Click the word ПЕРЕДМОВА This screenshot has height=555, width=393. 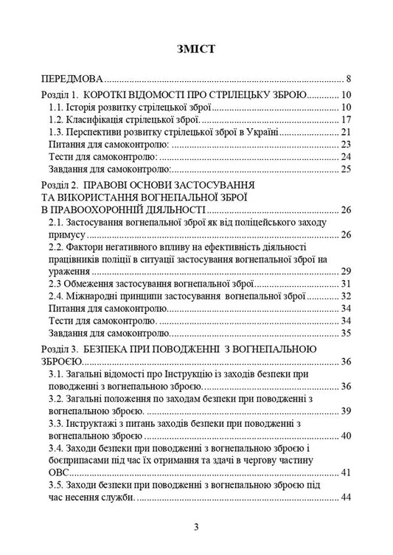[x=72, y=79]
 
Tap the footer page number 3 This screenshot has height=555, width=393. [x=196, y=527]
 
